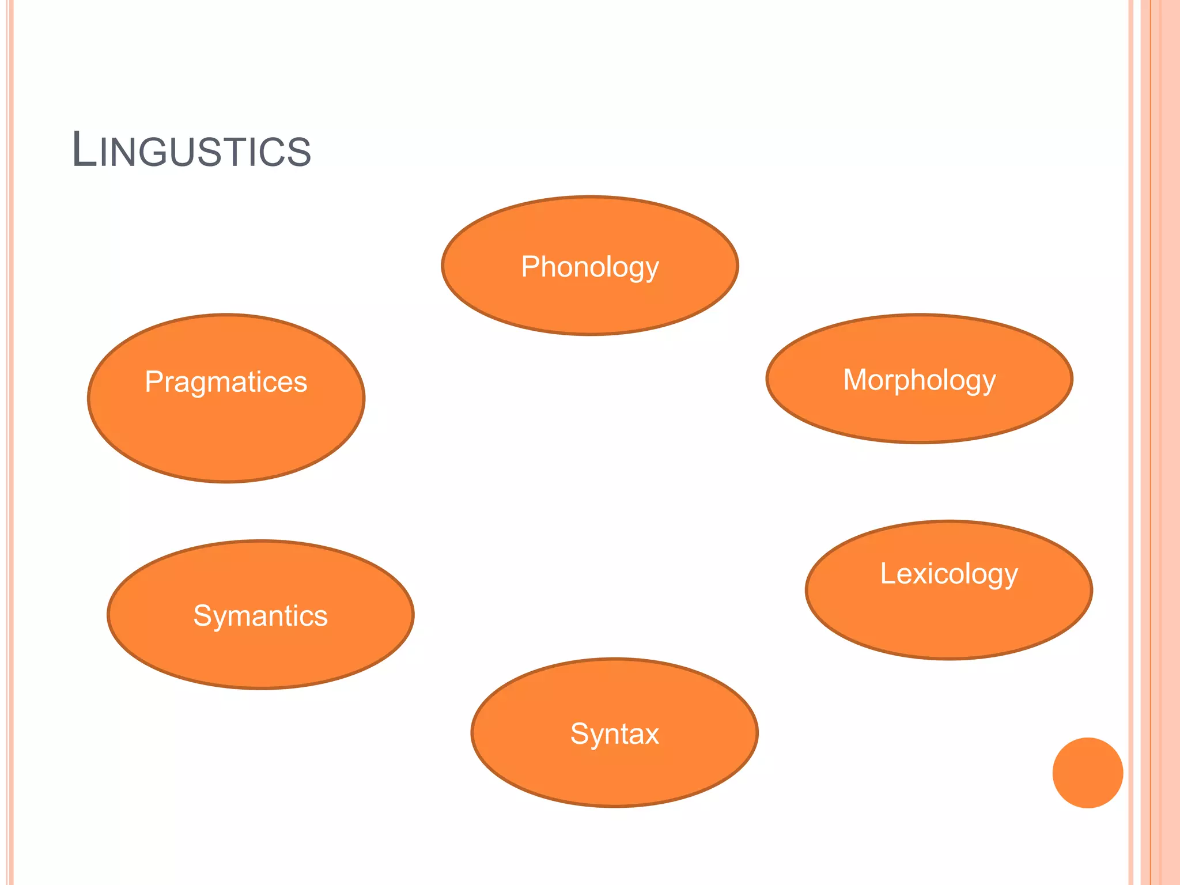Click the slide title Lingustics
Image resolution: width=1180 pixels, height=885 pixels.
[191, 150]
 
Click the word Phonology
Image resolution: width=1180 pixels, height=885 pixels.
[589, 267]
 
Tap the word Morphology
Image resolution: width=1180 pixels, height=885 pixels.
[919, 380]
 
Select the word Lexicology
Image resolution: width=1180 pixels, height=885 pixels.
[948, 574]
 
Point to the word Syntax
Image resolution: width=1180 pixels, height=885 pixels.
[614, 734]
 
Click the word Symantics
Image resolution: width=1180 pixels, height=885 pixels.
[260, 616]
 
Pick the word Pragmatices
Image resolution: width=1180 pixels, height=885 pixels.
[226, 382]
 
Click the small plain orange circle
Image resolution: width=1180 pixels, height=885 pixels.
[1087, 773]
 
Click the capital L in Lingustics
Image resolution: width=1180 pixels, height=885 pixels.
[84, 150]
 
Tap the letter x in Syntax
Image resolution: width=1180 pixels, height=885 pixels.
[652, 735]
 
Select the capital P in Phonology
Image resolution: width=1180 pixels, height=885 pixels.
[531, 267]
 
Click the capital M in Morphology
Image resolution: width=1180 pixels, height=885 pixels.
[855, 380]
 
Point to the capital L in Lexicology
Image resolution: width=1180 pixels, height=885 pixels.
[887, 573]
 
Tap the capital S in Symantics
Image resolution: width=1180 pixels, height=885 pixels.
[203, 616]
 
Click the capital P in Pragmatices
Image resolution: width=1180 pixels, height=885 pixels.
[154, 382]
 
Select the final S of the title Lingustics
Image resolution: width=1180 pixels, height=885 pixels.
[300, 153]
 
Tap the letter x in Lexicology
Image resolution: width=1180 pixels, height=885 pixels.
[918, 575]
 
